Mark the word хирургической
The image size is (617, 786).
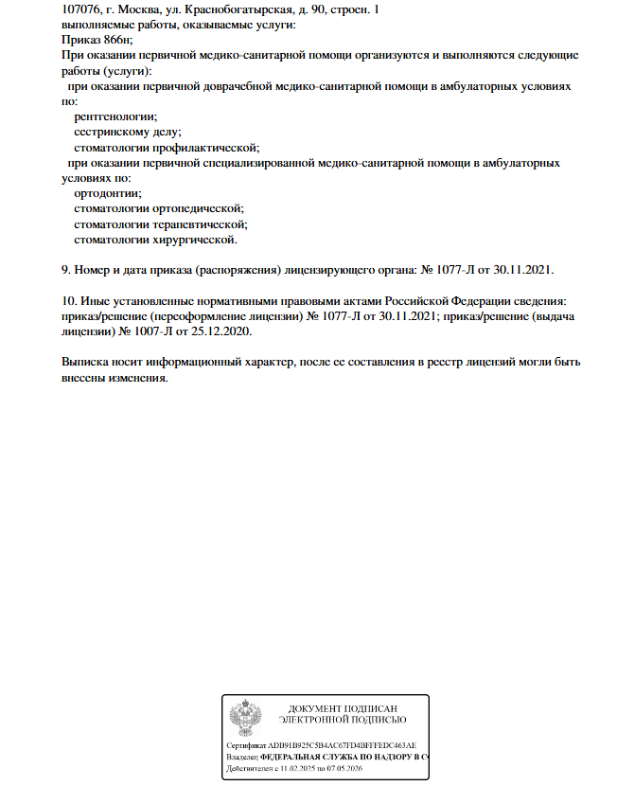point(195,240)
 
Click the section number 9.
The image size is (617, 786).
point(64,270)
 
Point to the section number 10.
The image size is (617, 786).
point(67,301)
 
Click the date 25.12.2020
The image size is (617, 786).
point(224,331)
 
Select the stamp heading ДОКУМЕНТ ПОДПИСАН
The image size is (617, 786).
point(343,708)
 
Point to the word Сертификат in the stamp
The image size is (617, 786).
point(247,746)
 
